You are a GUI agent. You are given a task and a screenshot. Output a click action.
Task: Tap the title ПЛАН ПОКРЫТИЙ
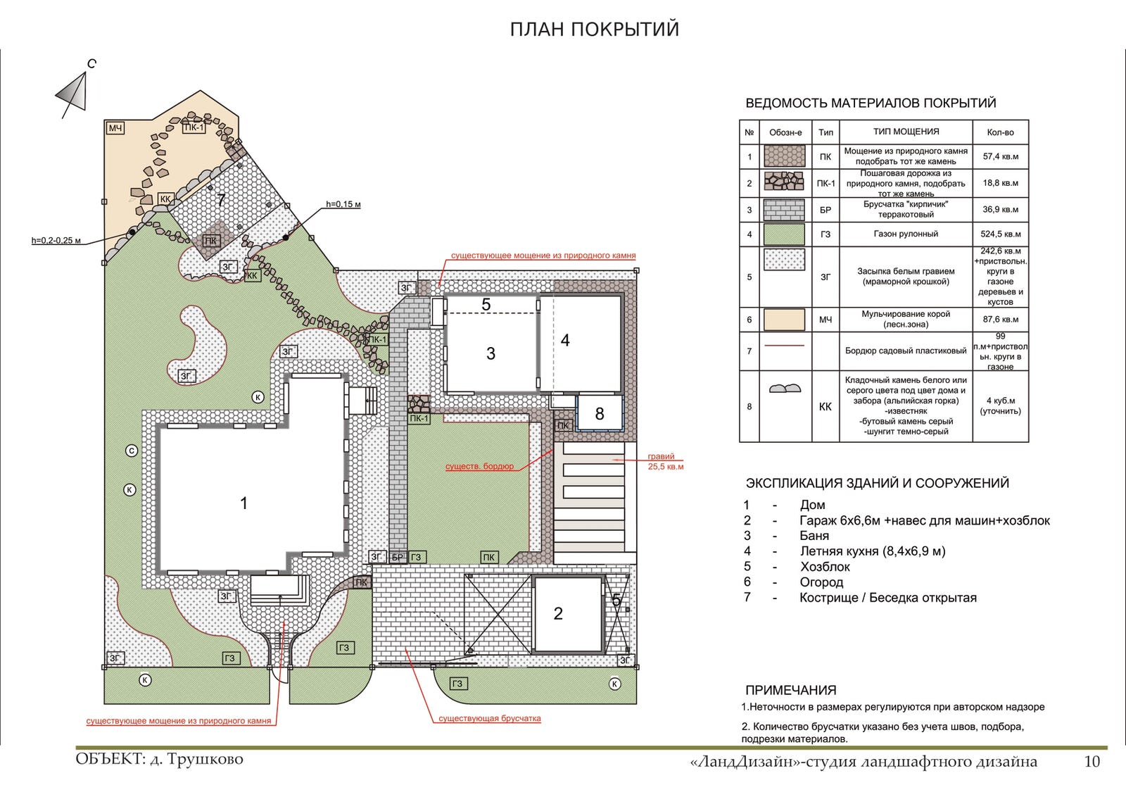coord(595,30)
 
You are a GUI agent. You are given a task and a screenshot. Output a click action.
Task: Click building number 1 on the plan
coord(243,503)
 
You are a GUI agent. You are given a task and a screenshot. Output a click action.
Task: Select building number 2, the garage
coord(558,613)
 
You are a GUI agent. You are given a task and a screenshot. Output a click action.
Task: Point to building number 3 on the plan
coord(491,353)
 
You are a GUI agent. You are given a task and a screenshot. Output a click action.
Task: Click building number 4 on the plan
coord(565,341)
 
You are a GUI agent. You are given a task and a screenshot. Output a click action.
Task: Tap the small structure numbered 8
coord(599,414)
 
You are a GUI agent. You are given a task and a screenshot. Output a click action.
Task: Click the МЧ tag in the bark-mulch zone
coord(115,128)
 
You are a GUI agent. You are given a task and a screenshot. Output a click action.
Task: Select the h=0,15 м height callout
coord(343,204)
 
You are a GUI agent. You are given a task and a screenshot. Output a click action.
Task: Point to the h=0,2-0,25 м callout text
coord(56,240)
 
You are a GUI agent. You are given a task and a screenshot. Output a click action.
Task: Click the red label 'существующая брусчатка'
coord(490,718)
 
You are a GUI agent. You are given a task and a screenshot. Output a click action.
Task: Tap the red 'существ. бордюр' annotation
coord(479,466)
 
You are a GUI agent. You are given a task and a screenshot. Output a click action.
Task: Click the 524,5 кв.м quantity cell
coord(1000,234)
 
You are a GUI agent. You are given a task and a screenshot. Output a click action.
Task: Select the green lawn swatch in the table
coord(784,234)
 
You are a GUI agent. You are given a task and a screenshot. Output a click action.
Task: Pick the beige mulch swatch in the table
coord(784,320)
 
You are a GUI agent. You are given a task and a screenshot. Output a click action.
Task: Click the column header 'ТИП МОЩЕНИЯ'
coord(906,132)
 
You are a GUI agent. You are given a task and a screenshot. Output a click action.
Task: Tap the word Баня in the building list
coord(814,536)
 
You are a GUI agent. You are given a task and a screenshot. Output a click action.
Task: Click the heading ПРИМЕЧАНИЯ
coord(791,690)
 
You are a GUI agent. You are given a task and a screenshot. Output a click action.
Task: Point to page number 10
coord(1092,761)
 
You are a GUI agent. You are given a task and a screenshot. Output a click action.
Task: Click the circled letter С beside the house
coord(132,451)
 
